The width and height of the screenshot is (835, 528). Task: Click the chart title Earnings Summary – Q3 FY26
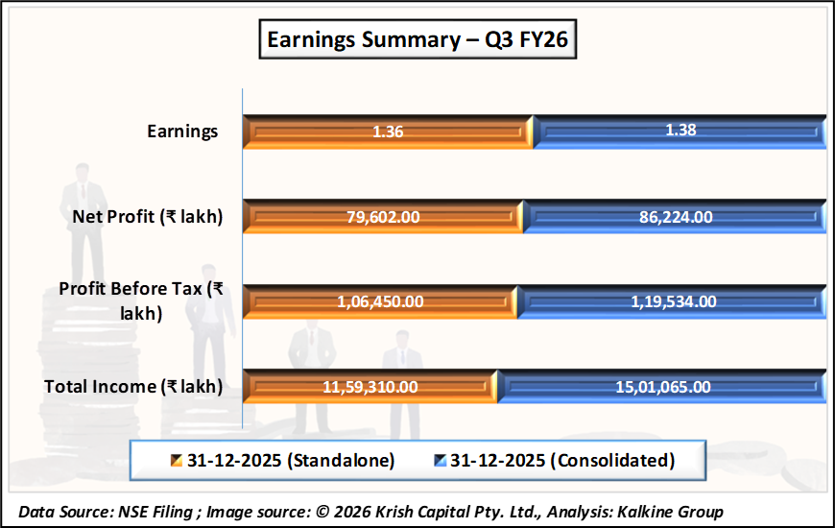pyautogui.click(x=417, y=40)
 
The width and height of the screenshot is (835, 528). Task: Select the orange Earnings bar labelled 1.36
pyautogui.click(x=388, y=132)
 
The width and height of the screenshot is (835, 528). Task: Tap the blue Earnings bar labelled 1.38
pyautogui.click(x=680, y=132)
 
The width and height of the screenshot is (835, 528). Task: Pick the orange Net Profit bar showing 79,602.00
pyautogui.click(x=382, y=217)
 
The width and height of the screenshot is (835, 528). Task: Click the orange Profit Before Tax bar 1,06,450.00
pyautogui.click(x=379, y=301)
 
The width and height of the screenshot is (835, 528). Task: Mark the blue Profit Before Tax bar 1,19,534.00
pyautogui.click(x=671, y=301)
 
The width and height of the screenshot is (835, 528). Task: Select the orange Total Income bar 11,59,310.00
pyautogui.click(x=369, y=387)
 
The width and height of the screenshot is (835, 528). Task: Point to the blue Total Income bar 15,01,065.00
pyautogui.click(x=662, y=387)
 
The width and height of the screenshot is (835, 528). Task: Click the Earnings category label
pyautogui.click(x=182, y=132)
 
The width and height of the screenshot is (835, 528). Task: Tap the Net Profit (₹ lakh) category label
pyautogui.click(x=148, y=217)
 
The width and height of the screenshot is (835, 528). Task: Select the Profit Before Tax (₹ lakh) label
pyautogui.click(x=141, y=300)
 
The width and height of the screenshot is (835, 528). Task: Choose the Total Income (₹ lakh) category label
pyautogui.click(x=134, y=387)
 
